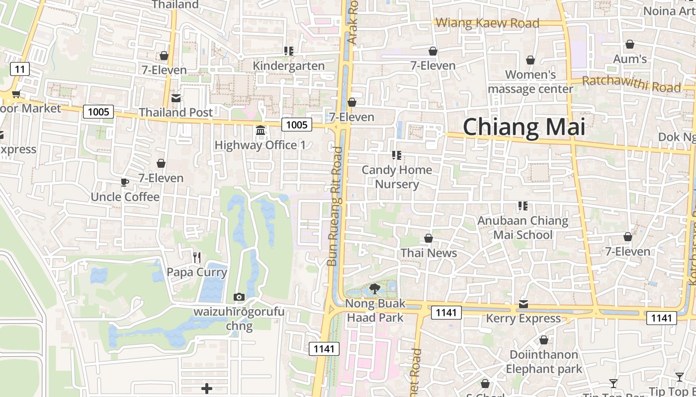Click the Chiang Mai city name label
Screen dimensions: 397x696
click(x=524, y=127)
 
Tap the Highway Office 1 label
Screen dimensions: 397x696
click(x=260, y=145)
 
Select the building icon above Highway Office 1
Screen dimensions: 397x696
click(x=260, y=131)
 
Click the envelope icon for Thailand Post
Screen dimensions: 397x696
click(x=176, y=98)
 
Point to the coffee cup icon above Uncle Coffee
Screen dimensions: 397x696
click(x=125, y=183)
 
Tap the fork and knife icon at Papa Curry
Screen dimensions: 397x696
click(x=197, y=257)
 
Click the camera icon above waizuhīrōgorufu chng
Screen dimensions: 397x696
click(x=239, y=297)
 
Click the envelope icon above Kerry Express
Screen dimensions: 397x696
click(x=523, y=304)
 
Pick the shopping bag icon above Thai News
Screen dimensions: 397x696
click(x=429, y=239)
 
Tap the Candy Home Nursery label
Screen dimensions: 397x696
click(x=397, y=177)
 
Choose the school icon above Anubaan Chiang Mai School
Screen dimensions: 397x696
click(x=522, y=206)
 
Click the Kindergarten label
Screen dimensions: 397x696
click(x=289, y=66)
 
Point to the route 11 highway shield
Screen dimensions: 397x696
click(x=19, y=69)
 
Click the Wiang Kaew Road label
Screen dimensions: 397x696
click(x=487, y=23)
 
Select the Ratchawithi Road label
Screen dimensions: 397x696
click(x=631, y=84)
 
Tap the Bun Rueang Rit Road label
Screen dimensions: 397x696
click(x=336, y=206)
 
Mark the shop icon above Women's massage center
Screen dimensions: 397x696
click(x=530, y=60)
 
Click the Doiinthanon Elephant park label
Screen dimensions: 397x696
click(x=544, y=362)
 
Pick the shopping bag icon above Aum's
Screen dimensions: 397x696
click(x=630, y=45)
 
